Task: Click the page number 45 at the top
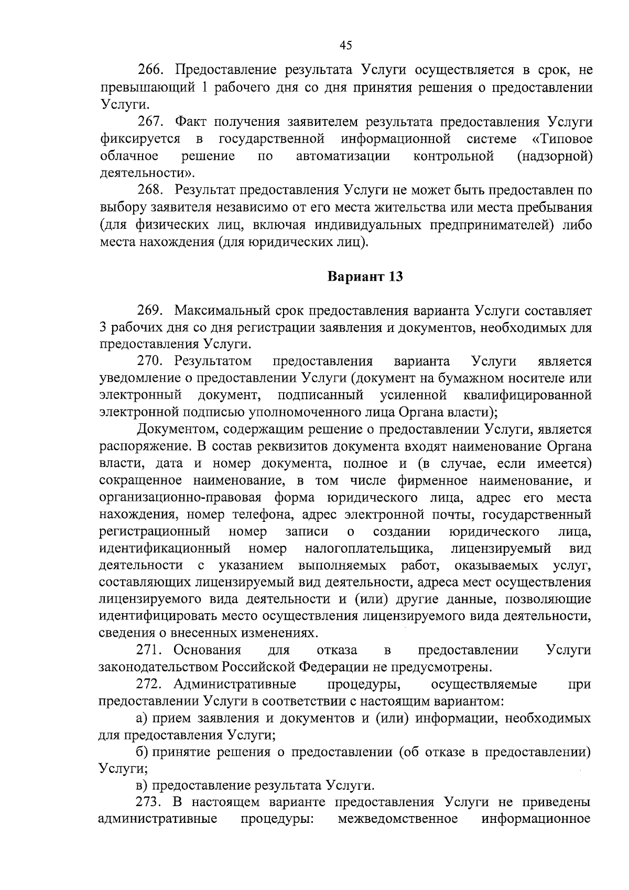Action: coord(345,46)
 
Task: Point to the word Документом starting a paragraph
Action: coord(176,430)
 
